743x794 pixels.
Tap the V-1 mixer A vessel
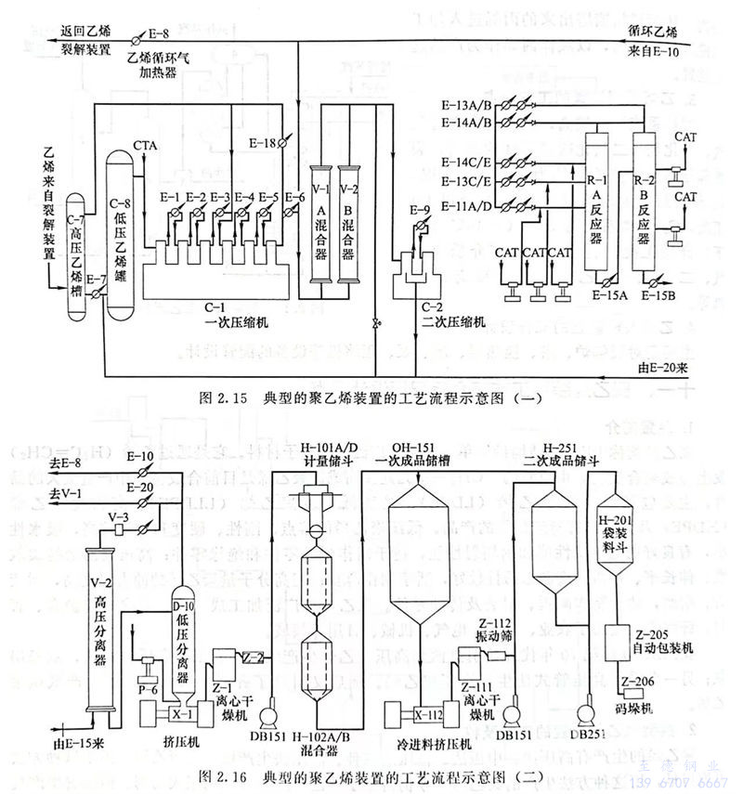[320, 223]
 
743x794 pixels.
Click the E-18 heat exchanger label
[263, 143]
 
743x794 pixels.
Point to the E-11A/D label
[471, 203]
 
